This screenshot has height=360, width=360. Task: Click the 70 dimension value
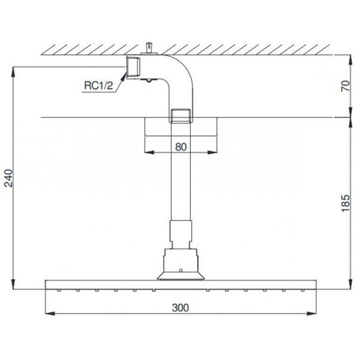(344, 85)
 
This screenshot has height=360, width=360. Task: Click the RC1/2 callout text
(98, 86)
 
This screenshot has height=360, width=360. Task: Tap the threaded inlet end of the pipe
(133, 67)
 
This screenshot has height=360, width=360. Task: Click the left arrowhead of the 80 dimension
(147, 152)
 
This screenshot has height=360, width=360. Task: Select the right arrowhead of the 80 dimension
(214, 152)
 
